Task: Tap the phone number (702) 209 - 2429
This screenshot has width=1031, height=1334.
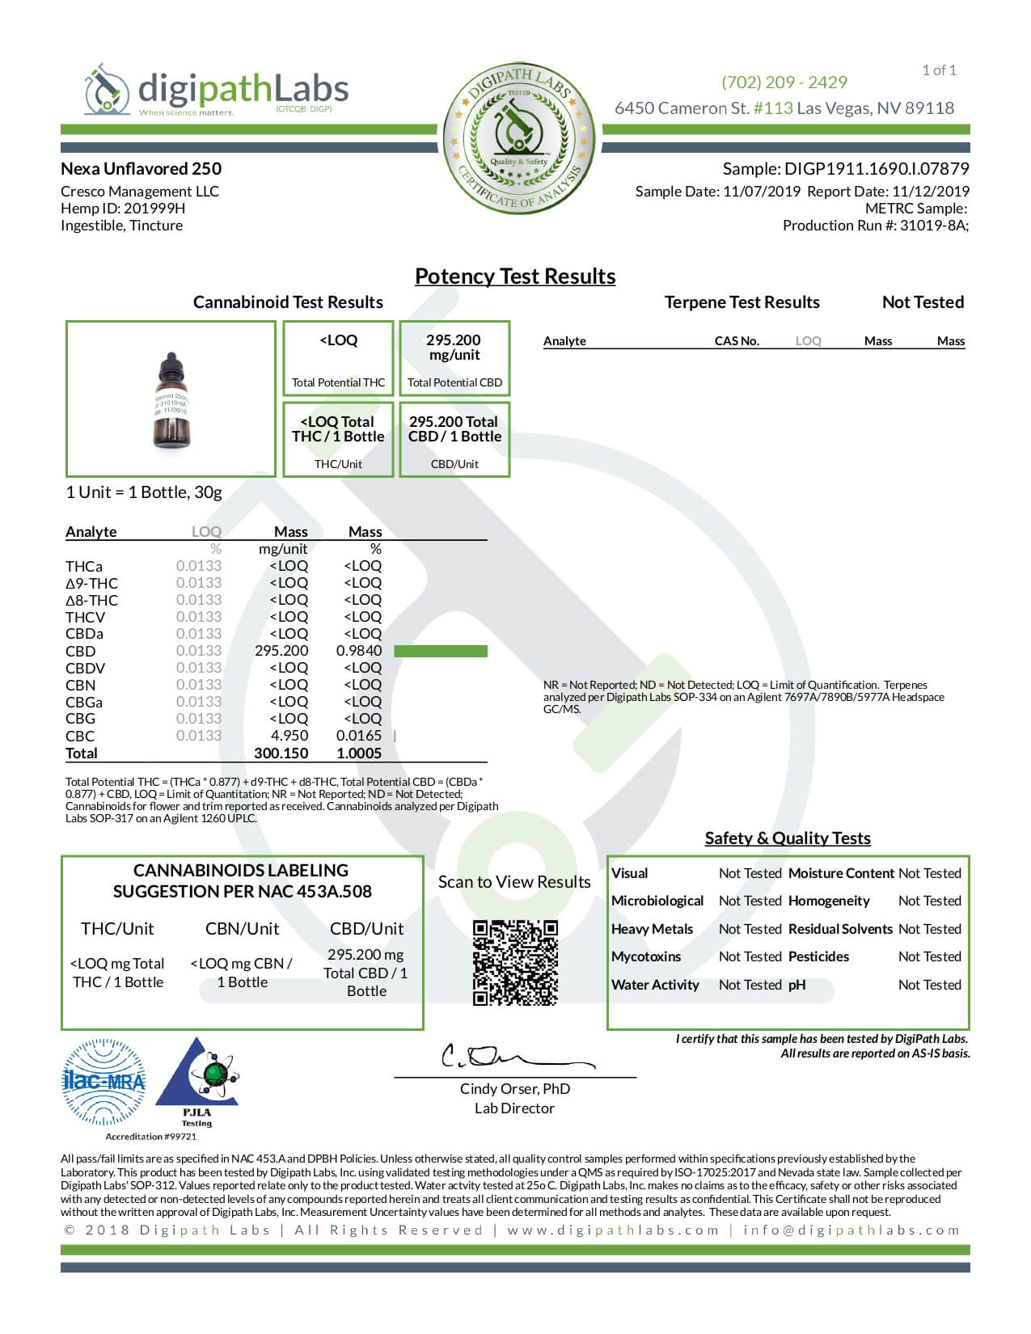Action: (784, 82)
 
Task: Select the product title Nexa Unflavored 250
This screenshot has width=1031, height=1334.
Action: (141, 169)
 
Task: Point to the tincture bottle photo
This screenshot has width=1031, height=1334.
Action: (171, 400)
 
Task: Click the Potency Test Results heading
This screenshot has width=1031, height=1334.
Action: (515, 277)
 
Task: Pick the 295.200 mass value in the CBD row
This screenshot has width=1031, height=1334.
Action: (281, 651)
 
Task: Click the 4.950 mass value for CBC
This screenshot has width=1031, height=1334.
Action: (289, 736)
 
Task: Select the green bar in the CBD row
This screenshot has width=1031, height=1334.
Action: (441, 651)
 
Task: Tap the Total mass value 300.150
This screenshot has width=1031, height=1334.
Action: (281, 754)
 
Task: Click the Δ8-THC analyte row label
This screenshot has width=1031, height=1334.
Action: (91, 600)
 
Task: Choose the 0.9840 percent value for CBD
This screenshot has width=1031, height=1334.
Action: (359, 651)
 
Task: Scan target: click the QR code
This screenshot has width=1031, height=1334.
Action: (515, 962)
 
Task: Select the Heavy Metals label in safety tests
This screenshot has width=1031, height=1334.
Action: (652, 929)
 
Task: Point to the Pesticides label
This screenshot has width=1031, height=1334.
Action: (818, 956)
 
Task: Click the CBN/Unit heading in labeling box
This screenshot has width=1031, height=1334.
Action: (242, 929)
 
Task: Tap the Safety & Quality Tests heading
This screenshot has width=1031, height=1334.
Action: (788, 838)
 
